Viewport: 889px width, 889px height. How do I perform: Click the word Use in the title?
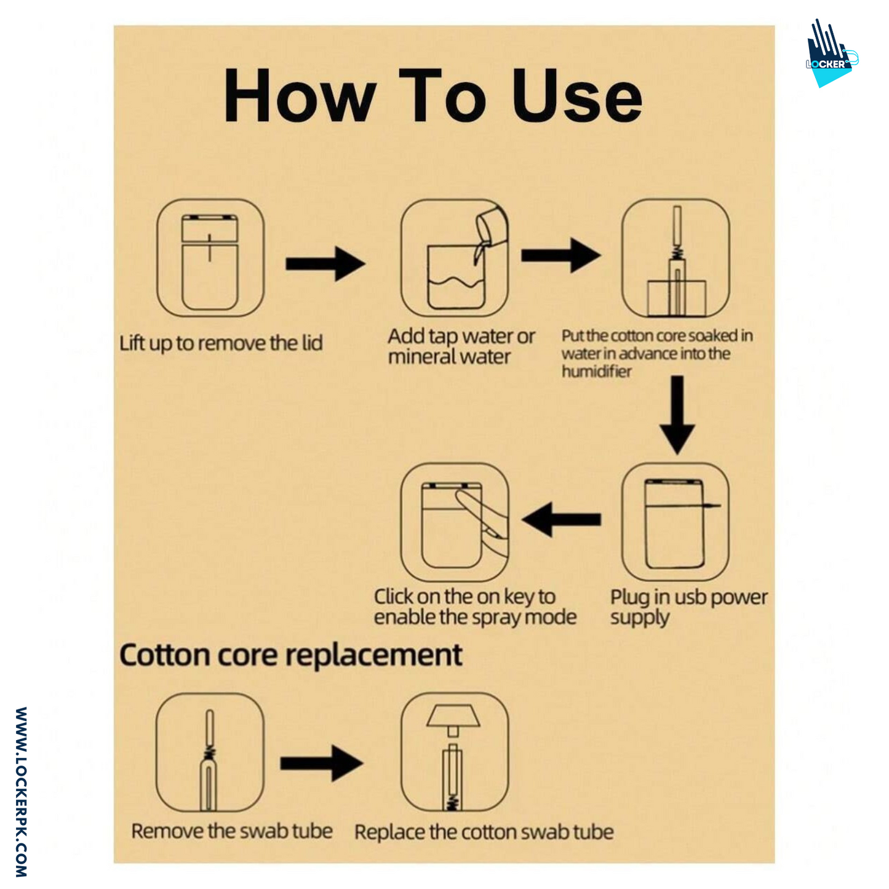click(576, 96)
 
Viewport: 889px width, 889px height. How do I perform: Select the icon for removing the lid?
click(210, 258)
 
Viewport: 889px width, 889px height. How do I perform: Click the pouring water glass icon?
click(455, 258)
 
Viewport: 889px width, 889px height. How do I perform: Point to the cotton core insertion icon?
click(676, 258)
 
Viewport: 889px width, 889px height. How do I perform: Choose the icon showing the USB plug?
click(676, 522)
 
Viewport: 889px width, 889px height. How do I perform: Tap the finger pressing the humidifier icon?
click(455, 522)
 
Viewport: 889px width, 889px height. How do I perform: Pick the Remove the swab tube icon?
click(210, 752)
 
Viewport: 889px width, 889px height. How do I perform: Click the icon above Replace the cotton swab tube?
click(455, 752)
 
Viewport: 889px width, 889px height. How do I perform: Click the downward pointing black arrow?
click(677, 415)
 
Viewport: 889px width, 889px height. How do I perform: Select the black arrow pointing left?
click(561, 519)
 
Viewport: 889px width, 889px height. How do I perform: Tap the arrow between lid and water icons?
click(325, 263)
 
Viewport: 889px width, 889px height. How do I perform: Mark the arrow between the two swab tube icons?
click(321, 763)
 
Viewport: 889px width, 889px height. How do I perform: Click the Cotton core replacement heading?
click(290, 655)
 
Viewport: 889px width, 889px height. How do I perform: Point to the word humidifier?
click(596, 372)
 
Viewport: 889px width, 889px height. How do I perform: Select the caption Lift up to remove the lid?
click(221, 343)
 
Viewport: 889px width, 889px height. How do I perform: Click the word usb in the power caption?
click(692, 597)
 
